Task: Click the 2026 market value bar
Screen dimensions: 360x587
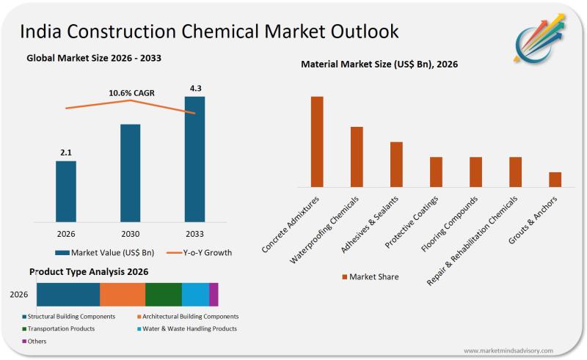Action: [66, 191]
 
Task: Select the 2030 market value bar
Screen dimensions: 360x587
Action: [130, 172]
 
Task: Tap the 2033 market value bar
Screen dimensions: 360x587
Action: [194, 158]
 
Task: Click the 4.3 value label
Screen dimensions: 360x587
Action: [194, 89]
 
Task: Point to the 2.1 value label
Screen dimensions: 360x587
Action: [66, 153]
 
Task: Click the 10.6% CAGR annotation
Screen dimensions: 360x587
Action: [131, 93]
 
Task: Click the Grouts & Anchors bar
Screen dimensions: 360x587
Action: [555, 180]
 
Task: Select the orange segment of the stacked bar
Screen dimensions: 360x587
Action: [123, 294]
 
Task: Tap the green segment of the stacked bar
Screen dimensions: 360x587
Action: [163, 294]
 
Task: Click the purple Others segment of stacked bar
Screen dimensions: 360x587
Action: [214, 294]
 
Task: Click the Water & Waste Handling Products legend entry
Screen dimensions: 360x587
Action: [189, 328]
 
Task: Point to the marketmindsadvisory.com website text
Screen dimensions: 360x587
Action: [508, 350]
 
